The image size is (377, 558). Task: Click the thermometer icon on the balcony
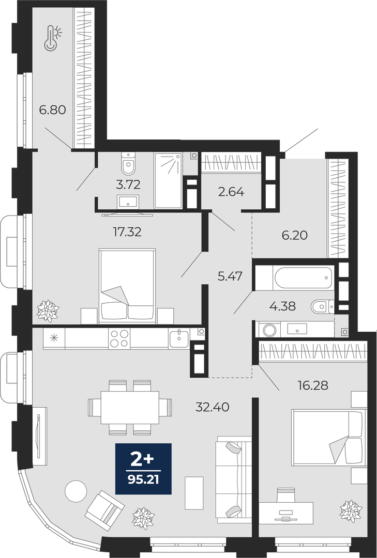(x=52, y=38)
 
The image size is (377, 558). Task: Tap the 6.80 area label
(x=53, y=110)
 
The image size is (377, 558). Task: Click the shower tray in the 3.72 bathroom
(x=168, y=180)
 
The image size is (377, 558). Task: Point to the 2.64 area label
(x=231, y=192)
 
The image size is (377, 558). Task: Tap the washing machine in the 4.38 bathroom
(x=269, y=330)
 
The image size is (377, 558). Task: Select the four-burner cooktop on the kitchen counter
(x=119, y=338)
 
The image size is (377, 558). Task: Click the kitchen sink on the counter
(x=179, y=338)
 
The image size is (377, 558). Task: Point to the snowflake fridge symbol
(x=54, y=338)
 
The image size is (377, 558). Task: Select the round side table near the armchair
(x=76, y=491)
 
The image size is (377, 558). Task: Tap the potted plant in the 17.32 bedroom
(x=48, y=311)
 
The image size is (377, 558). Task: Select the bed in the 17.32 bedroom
(x=127, y=286)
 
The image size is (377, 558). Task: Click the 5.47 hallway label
(x=230, y=276)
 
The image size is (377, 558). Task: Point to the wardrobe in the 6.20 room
(x=338, y=209)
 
